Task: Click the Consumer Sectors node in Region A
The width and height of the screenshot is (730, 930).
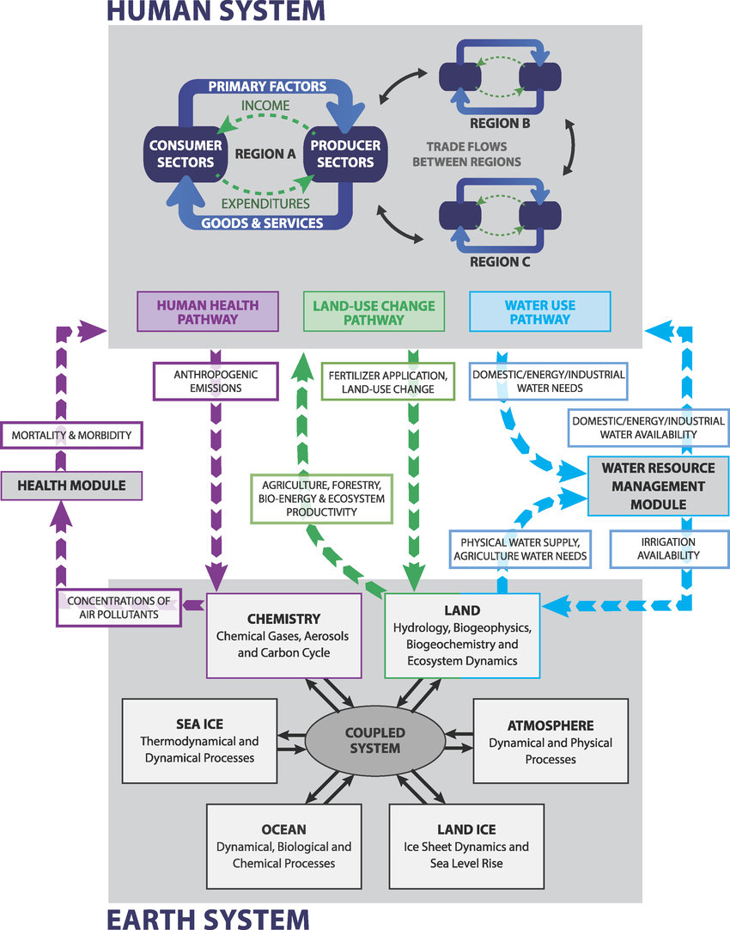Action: pos(178,154)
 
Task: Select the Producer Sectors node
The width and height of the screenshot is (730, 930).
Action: pos(342,154)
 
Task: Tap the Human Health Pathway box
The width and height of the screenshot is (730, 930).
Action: pos(208,311)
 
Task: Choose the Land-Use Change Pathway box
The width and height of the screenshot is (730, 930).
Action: pos(374,311)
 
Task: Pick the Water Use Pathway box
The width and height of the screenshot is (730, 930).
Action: pos(540,311)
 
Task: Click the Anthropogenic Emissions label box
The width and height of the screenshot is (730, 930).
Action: pos(216,381)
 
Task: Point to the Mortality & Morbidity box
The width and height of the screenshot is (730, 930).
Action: pos(71,435)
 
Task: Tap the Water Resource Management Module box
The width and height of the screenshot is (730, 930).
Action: pos(658,486)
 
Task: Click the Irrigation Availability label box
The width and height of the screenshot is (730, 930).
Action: pos(655,548)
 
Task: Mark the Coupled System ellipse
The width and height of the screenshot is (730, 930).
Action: pos(374,740)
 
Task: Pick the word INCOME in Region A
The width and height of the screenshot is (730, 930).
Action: pos(265,105)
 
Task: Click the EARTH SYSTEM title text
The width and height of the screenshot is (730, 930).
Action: pos(207,917)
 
